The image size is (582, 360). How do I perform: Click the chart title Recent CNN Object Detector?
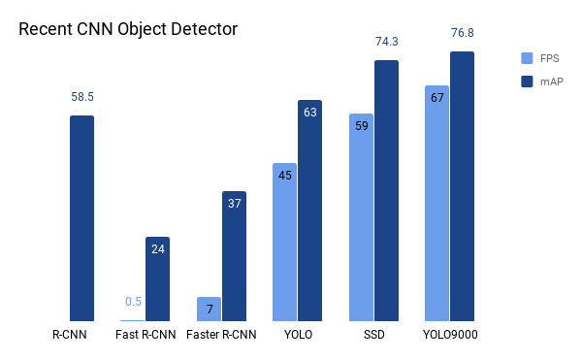(128, 29)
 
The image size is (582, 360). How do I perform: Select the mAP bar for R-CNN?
(81, 218)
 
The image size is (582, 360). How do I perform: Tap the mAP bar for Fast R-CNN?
(157, 278)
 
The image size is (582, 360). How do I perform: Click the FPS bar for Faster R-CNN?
(209, 309)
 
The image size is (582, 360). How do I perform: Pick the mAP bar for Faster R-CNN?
(234, 256)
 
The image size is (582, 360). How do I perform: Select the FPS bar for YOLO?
(284, 242)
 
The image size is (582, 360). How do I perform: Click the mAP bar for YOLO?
(309, 211)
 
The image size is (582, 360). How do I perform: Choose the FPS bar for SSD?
(361, 217)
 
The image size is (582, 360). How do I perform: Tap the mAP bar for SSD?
(386, 190)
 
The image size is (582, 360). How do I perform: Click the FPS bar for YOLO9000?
(436, 203)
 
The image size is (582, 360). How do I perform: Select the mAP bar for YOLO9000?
(462, 186)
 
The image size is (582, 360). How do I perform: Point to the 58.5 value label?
(82, 97)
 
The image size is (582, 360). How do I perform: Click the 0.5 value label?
(133, 301)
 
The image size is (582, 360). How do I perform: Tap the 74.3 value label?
(386, 42)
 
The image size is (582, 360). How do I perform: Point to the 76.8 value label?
(463, 33)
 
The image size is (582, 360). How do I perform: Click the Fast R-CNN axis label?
(145, 336)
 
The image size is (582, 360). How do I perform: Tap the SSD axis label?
(373, 336)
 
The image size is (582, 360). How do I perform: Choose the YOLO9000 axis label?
(450, 336)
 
